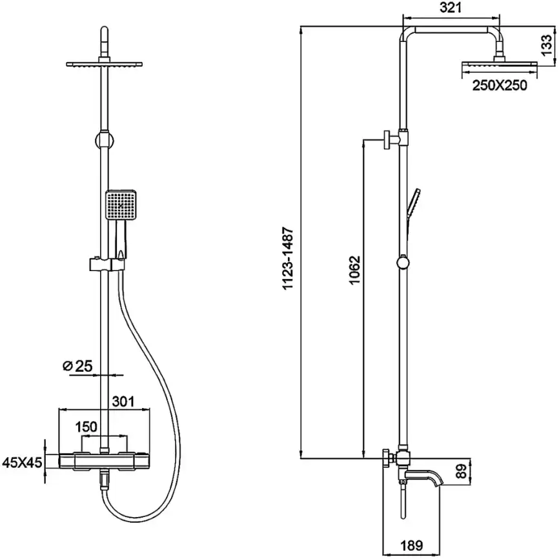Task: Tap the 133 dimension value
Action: click(547, 46)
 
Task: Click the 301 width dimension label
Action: click(123, 401)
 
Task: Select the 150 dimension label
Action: click(86, 427)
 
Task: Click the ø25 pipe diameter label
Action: click(77, 367)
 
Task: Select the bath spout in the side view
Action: click(429, 480)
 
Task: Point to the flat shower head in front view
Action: click(103, 64)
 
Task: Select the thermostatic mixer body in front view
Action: click(103, 461)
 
